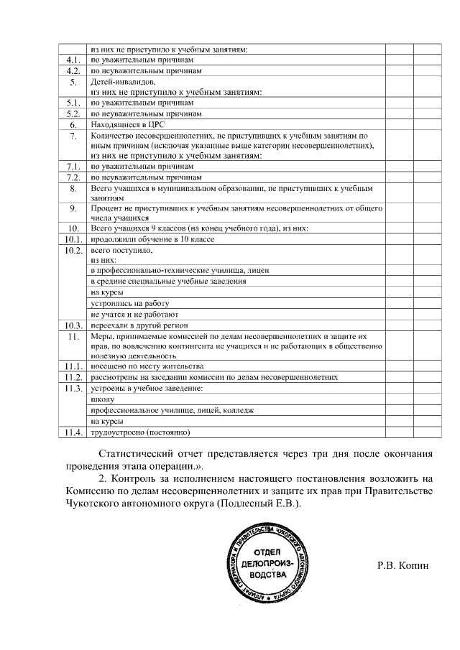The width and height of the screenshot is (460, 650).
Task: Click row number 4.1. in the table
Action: (x=73, y=60)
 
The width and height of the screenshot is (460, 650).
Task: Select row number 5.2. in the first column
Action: (x=73, y=113)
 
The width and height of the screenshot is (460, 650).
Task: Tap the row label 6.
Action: (x=73, y=124)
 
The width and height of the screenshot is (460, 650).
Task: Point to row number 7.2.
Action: (x=73, y=177)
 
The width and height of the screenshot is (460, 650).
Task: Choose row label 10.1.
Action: (x=73, y=239)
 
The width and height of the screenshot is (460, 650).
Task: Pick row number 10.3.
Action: (x=73, y=325)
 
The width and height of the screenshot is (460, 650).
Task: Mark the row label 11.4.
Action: (x=73, y=432)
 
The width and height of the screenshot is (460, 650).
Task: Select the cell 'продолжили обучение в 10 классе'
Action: (x=142, y=239)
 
